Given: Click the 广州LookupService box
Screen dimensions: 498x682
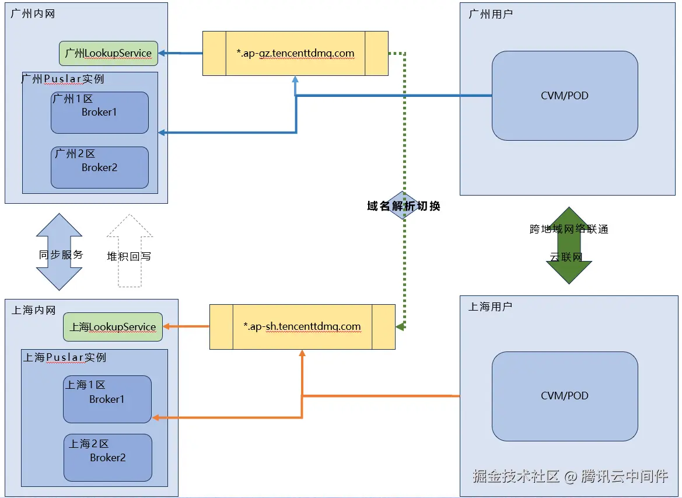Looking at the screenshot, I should tap(109, 53).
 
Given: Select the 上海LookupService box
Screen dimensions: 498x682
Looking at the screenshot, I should tap(113, 327).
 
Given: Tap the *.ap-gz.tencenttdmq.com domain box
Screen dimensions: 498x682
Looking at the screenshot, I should tap(295, 53).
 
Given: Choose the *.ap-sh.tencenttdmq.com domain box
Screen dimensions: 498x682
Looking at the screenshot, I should tap(302, 327).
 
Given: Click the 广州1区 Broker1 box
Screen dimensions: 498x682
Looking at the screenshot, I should tap(99, 113).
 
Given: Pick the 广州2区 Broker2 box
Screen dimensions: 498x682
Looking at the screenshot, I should tap(99, 168).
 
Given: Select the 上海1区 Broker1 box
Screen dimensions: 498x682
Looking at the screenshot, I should tap(107, 399).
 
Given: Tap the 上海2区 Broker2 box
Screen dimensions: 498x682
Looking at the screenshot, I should tap(107, 458).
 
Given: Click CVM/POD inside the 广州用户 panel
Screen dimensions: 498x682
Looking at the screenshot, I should tap(564, 96).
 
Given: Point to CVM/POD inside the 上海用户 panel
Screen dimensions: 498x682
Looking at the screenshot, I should tap(564, 396).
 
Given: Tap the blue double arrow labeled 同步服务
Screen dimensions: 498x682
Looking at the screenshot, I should tap(60, 252).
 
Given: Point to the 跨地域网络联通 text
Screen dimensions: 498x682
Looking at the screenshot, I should tap(569, 229).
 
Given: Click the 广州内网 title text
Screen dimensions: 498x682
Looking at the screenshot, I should tap(33, 13).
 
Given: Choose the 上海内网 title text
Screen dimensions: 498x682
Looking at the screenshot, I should tap(33, 311).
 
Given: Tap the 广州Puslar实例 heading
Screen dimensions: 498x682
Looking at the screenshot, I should tap(63, 78).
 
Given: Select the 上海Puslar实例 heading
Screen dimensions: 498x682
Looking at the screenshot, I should tap(65, 357).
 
